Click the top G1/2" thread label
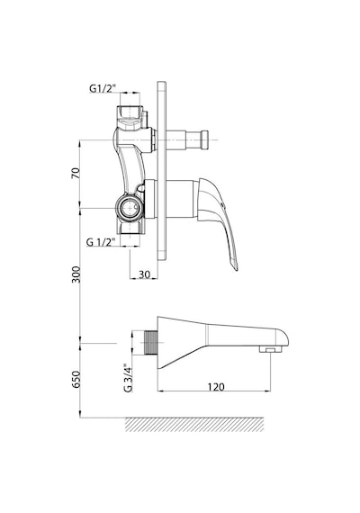click(103, 88)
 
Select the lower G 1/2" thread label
click(101, 242)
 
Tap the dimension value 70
click(76, 173)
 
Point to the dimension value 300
click(76, 274)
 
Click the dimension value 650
click(76, 379)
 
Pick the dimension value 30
click(144, 274)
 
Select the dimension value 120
click(216, 387)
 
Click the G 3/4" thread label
click(128, 378)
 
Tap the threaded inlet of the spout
click(150, 343)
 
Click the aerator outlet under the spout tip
click(270, 349)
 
